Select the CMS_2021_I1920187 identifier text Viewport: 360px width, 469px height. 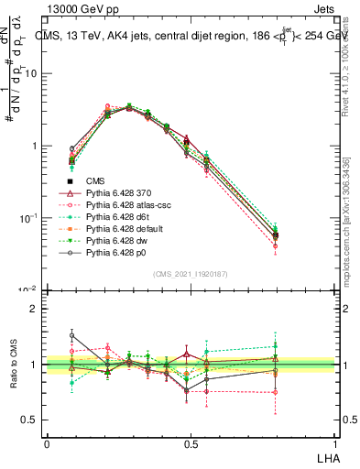[x=190, y=274]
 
